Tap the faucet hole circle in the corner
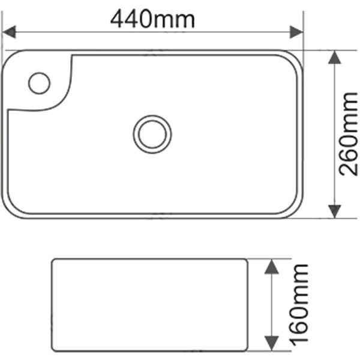pos(39,83)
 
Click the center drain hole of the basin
pos(152,134)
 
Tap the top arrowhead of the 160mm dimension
pos(272,267)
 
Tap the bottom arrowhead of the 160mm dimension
pos(272,347)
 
